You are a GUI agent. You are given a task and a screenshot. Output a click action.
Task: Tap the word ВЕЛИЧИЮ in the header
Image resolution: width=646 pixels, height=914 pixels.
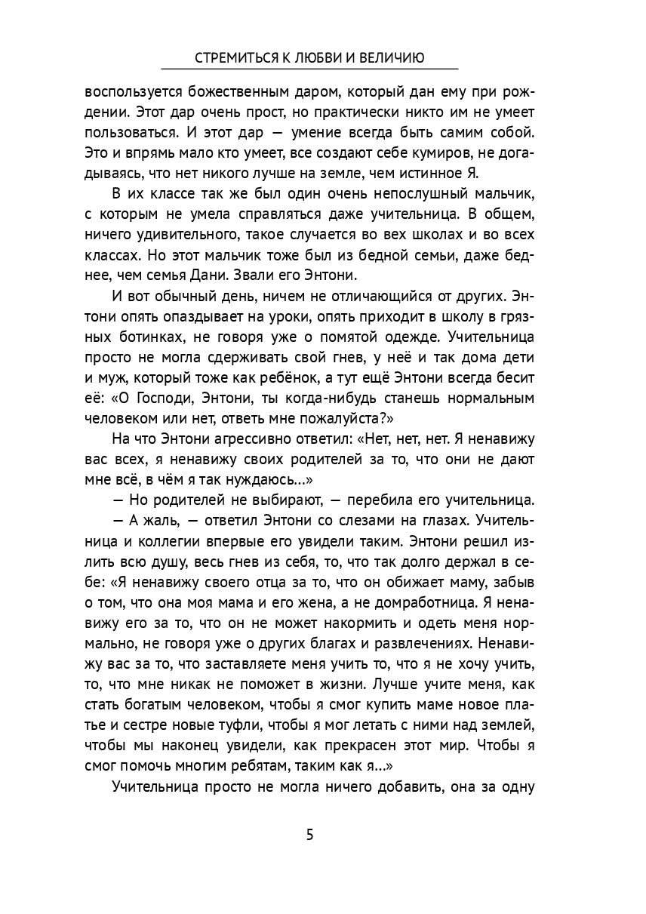(x=395, y=58)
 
